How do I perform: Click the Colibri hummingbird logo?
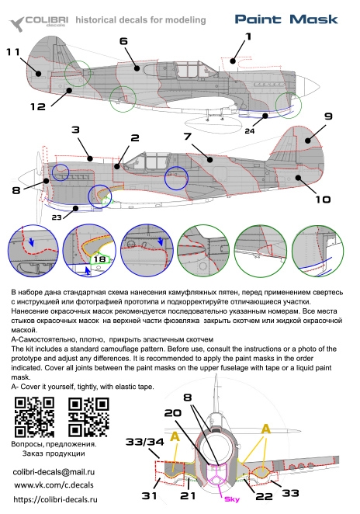click(x=16, y=24)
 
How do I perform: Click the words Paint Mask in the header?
click(x=286, y=19)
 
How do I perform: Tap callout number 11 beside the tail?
click(x=13, y=52)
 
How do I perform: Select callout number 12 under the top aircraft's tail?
click(x=38, y=106)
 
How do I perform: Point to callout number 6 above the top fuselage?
click(x=123, y=41)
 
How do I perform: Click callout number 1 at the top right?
click(x=248, y=36)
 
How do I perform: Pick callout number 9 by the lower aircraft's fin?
click(x=328, y=116)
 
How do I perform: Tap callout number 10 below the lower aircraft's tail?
click(x=323, y=199)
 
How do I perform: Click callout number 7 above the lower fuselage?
click(x=187, y=136)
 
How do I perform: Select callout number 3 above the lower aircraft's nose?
click(x=75, y=130)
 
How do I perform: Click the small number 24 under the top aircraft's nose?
click(x=249, y=130)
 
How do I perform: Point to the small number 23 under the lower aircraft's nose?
click(x=57, y=217)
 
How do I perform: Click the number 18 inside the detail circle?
click(x=99, y=259)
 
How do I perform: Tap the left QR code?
click(x=34, y=417)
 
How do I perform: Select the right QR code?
click(x=88, y=417)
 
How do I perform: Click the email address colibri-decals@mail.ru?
click(x=54, y=472)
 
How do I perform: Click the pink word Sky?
click(x=231, y=499)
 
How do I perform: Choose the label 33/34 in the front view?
click(x=144, y=442)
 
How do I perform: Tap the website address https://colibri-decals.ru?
click(x=55, y=499)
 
